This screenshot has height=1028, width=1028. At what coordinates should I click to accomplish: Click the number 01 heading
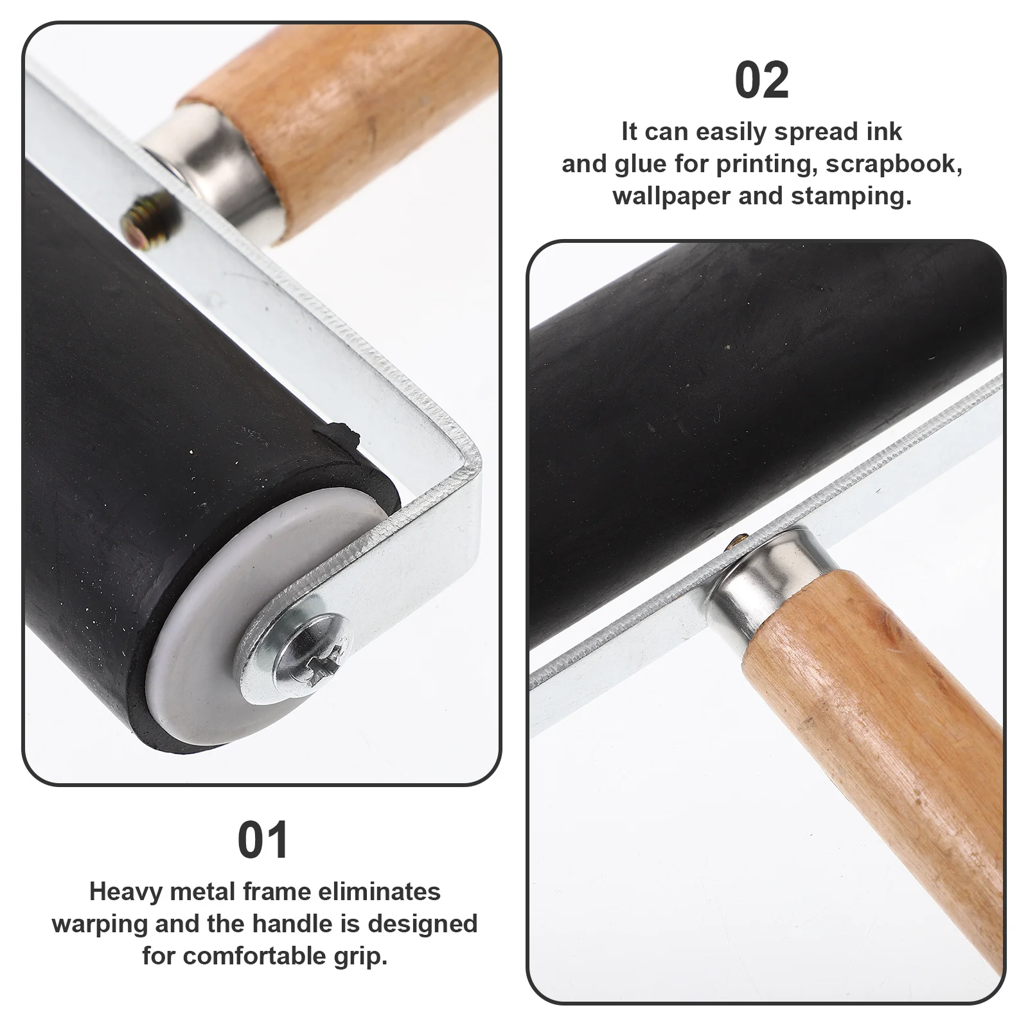(263, 840)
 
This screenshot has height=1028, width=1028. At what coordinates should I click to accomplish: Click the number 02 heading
(761, 81)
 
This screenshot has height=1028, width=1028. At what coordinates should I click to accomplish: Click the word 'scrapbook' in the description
(893, 164)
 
